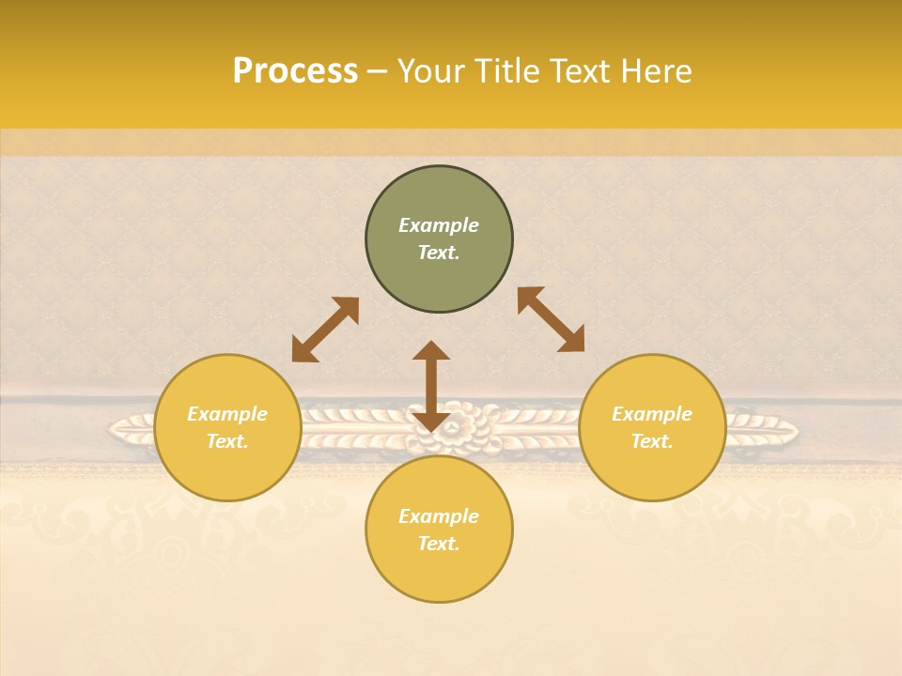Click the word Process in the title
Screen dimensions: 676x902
coord(295,71)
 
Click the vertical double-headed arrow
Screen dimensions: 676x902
coord(431,386)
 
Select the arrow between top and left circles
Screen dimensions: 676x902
coord(325,330)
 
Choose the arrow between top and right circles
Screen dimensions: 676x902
coord(551,319)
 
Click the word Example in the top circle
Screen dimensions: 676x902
coord(439,225)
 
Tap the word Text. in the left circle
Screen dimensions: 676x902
coord(227,441)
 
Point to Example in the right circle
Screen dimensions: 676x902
coord(652,414)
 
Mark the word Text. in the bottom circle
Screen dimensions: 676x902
coord(439,544)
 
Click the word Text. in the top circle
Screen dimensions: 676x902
coord(439,253)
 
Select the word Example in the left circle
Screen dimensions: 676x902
coord(227,414)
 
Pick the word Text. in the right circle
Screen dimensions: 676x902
coord(652,441)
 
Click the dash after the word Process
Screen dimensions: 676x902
coord(378,71)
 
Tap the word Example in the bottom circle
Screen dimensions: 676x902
coord(439,516)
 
